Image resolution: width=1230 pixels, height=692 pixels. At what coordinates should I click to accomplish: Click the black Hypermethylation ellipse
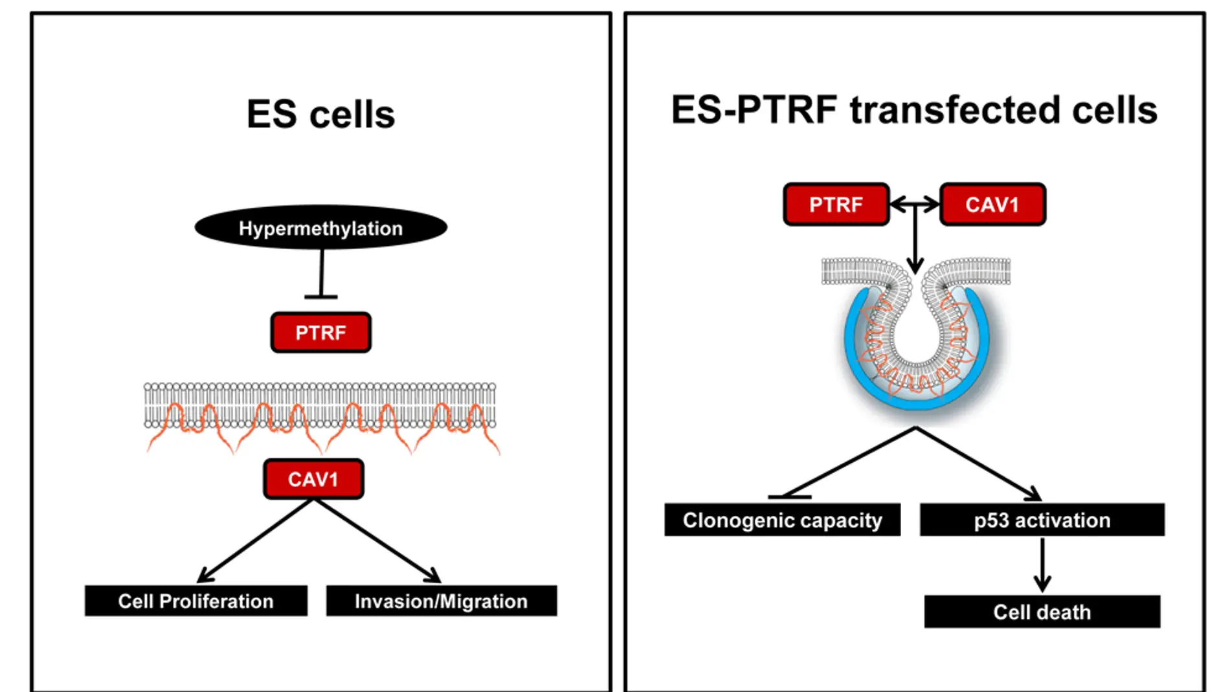tap(320, 228)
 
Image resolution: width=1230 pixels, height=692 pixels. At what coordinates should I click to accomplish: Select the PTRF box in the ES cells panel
tap(320, 333)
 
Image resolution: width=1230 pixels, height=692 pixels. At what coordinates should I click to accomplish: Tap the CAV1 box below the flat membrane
tap(313, 479)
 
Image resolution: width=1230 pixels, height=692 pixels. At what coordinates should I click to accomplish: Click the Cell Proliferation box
tap(196, 601)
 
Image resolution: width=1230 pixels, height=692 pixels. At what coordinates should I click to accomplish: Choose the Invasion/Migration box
tap(441, 601)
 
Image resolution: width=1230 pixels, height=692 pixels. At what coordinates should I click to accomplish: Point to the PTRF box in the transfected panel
tap(836, 205)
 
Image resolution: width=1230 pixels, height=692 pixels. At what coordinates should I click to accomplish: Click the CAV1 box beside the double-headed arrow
tap(992, 205)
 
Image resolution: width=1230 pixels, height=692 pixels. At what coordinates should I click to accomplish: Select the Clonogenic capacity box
tap(782, 520)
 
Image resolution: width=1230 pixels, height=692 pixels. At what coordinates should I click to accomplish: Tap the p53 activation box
tap(1042, 520)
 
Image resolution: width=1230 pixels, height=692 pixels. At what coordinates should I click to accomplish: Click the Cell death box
tap(1042, 612)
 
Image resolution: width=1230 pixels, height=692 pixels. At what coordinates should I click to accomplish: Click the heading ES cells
tap(320, 115)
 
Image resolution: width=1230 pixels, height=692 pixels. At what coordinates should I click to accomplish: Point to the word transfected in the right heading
tap(956, 109)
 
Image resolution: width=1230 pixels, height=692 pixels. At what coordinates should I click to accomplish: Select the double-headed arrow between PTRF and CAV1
tap(914, 205)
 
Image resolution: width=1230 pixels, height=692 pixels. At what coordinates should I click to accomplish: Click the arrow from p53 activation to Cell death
tap(1042, 564)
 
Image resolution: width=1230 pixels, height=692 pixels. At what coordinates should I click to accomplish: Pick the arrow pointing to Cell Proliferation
tap(256, 541)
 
